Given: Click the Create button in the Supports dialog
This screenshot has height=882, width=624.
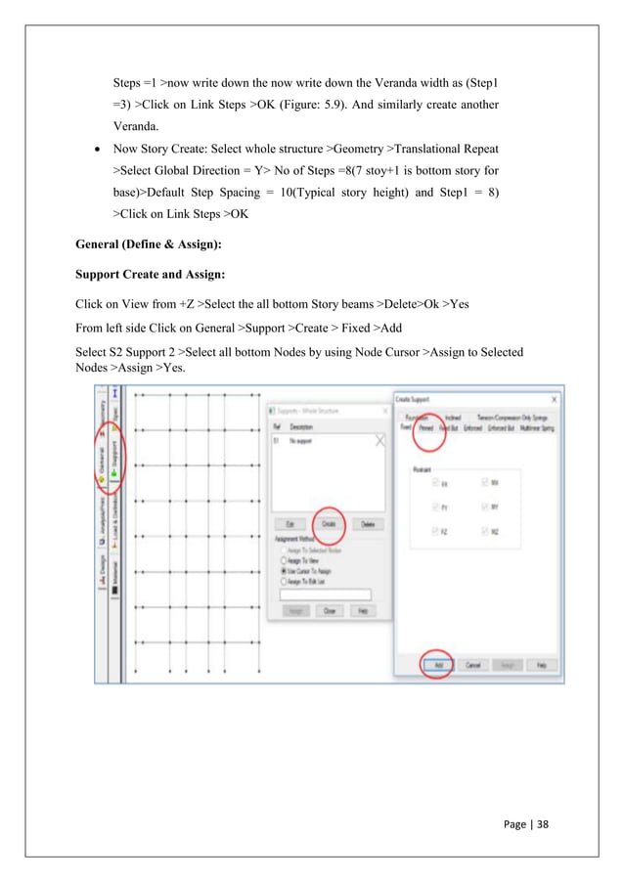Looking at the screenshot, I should tap(328, 525).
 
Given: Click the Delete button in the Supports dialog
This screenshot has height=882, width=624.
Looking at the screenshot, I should tap(368, 525).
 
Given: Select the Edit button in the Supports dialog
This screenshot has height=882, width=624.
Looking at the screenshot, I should tap(290, 525).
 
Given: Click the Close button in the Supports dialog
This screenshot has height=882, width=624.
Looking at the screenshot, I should tap(329, 610).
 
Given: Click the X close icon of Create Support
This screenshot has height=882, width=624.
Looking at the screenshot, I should tap(555, 399).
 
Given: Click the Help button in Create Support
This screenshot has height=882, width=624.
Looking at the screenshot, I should tap(540, 663).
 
